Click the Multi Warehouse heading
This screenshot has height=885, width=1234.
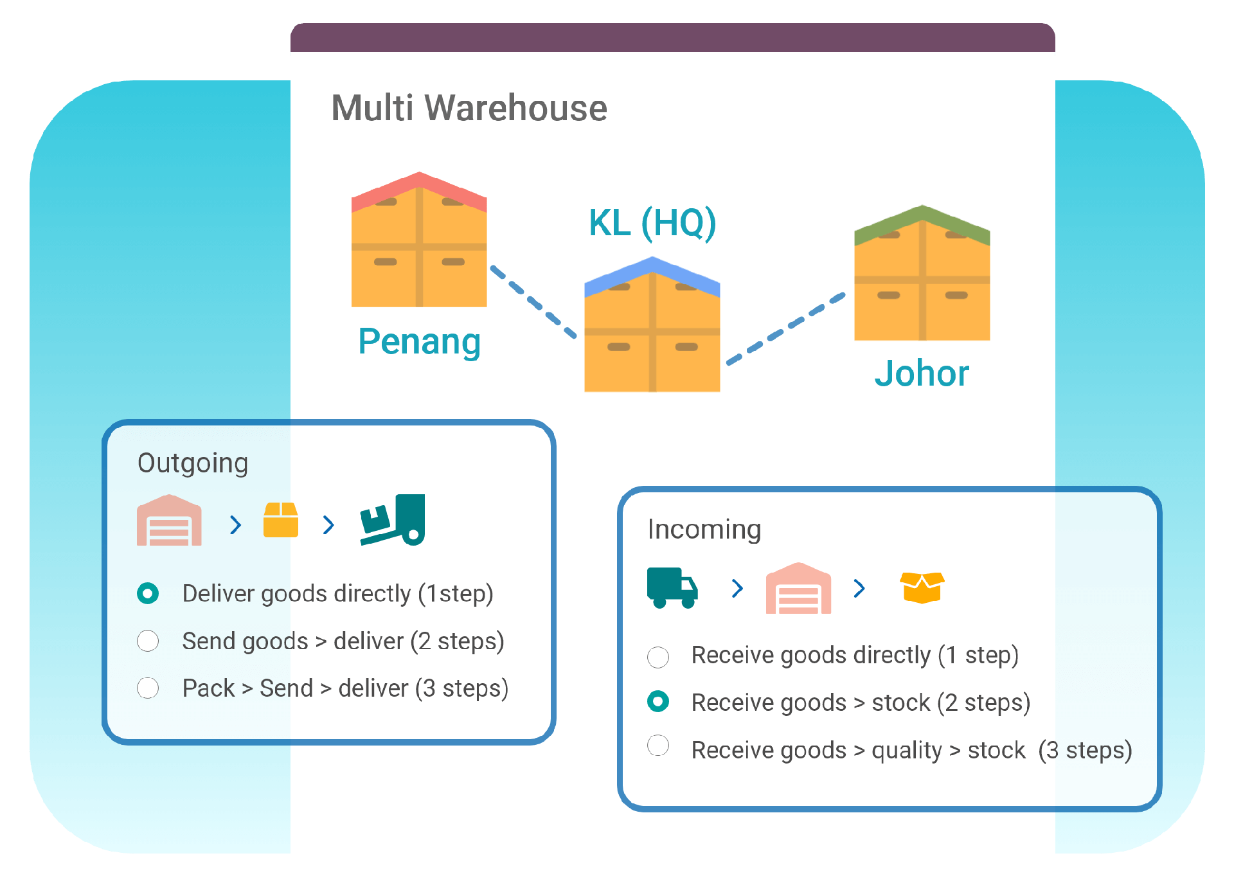(469, 108)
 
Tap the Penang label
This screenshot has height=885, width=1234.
(419, 341)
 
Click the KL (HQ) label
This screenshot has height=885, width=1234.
(652, 223)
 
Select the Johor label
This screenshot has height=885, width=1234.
(921, 373)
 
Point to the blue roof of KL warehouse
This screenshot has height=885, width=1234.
(652, 274)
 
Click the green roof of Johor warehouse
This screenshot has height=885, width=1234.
(922, 222)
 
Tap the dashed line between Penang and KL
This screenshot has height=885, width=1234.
(533, 301)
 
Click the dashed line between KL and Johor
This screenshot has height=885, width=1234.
(785, 330)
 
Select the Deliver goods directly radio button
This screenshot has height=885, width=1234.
(148, 593)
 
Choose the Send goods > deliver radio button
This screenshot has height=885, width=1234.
(148, 641)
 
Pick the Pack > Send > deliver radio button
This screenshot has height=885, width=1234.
(148, 688)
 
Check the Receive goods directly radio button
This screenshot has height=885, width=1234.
(657, 656)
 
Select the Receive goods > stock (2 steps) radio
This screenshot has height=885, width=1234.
(657, 702)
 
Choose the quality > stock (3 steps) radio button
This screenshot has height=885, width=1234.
(657, 746)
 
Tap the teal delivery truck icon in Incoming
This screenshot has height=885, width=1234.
(672, 587)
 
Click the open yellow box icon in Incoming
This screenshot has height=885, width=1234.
(922, 587)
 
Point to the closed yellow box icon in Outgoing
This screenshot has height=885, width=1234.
(281, 520)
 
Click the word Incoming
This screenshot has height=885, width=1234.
(704, 530)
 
